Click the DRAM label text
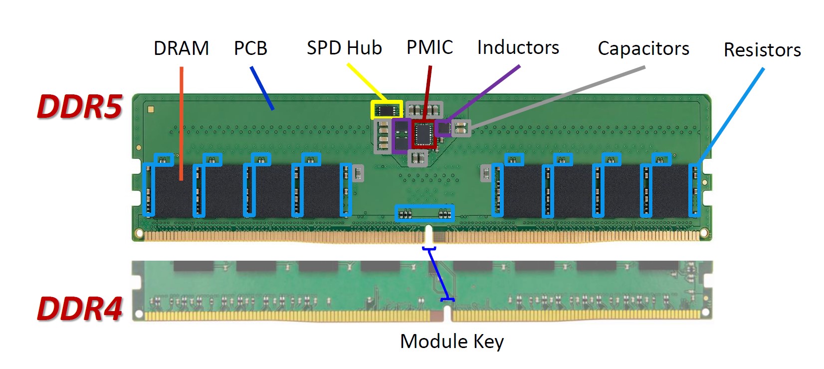[181, 48]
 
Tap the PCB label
[250, 48]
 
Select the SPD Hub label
[344, 48]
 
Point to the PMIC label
[429, 47]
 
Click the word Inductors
[518, 47]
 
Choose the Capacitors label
[643, 49]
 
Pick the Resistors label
[762, 50]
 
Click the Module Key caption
[451, 342]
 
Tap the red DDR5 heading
[79, 106]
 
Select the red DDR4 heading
[79, 308]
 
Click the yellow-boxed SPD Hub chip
[387, 109]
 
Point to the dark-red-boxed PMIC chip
[424, 133]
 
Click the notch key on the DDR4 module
[447, 313]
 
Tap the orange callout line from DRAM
[182, 125]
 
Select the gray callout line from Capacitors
[559, 97]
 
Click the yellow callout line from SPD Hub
[367, 82]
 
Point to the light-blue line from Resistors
[731, 115]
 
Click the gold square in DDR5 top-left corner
[151, 109]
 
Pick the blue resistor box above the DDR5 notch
[424, 213]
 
